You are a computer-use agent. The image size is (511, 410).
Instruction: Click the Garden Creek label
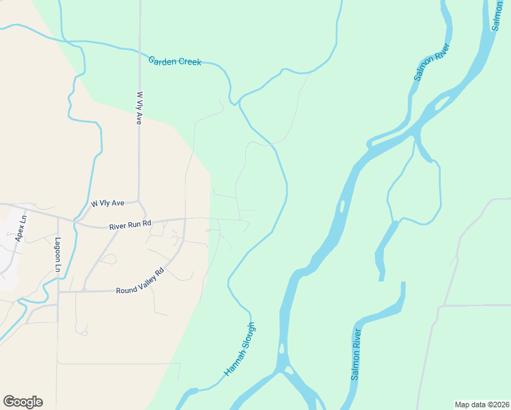(x=175, y=61)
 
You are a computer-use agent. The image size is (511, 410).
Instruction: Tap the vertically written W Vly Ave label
(x=139, y=108)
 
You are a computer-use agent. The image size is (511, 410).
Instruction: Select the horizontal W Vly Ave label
(x=108, y=203)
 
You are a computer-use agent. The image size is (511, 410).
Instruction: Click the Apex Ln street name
(x=20, y=228)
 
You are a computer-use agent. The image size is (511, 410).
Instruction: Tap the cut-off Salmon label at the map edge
(x=497, y=14)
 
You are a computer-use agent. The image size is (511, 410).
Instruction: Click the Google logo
(x=23, y=402)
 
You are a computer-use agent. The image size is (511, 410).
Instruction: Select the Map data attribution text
(x=481, y=404)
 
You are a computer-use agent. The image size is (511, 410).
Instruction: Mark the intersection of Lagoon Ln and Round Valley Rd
(x=58, y=292)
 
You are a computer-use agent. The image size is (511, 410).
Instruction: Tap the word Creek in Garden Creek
(x=189, y=62)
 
